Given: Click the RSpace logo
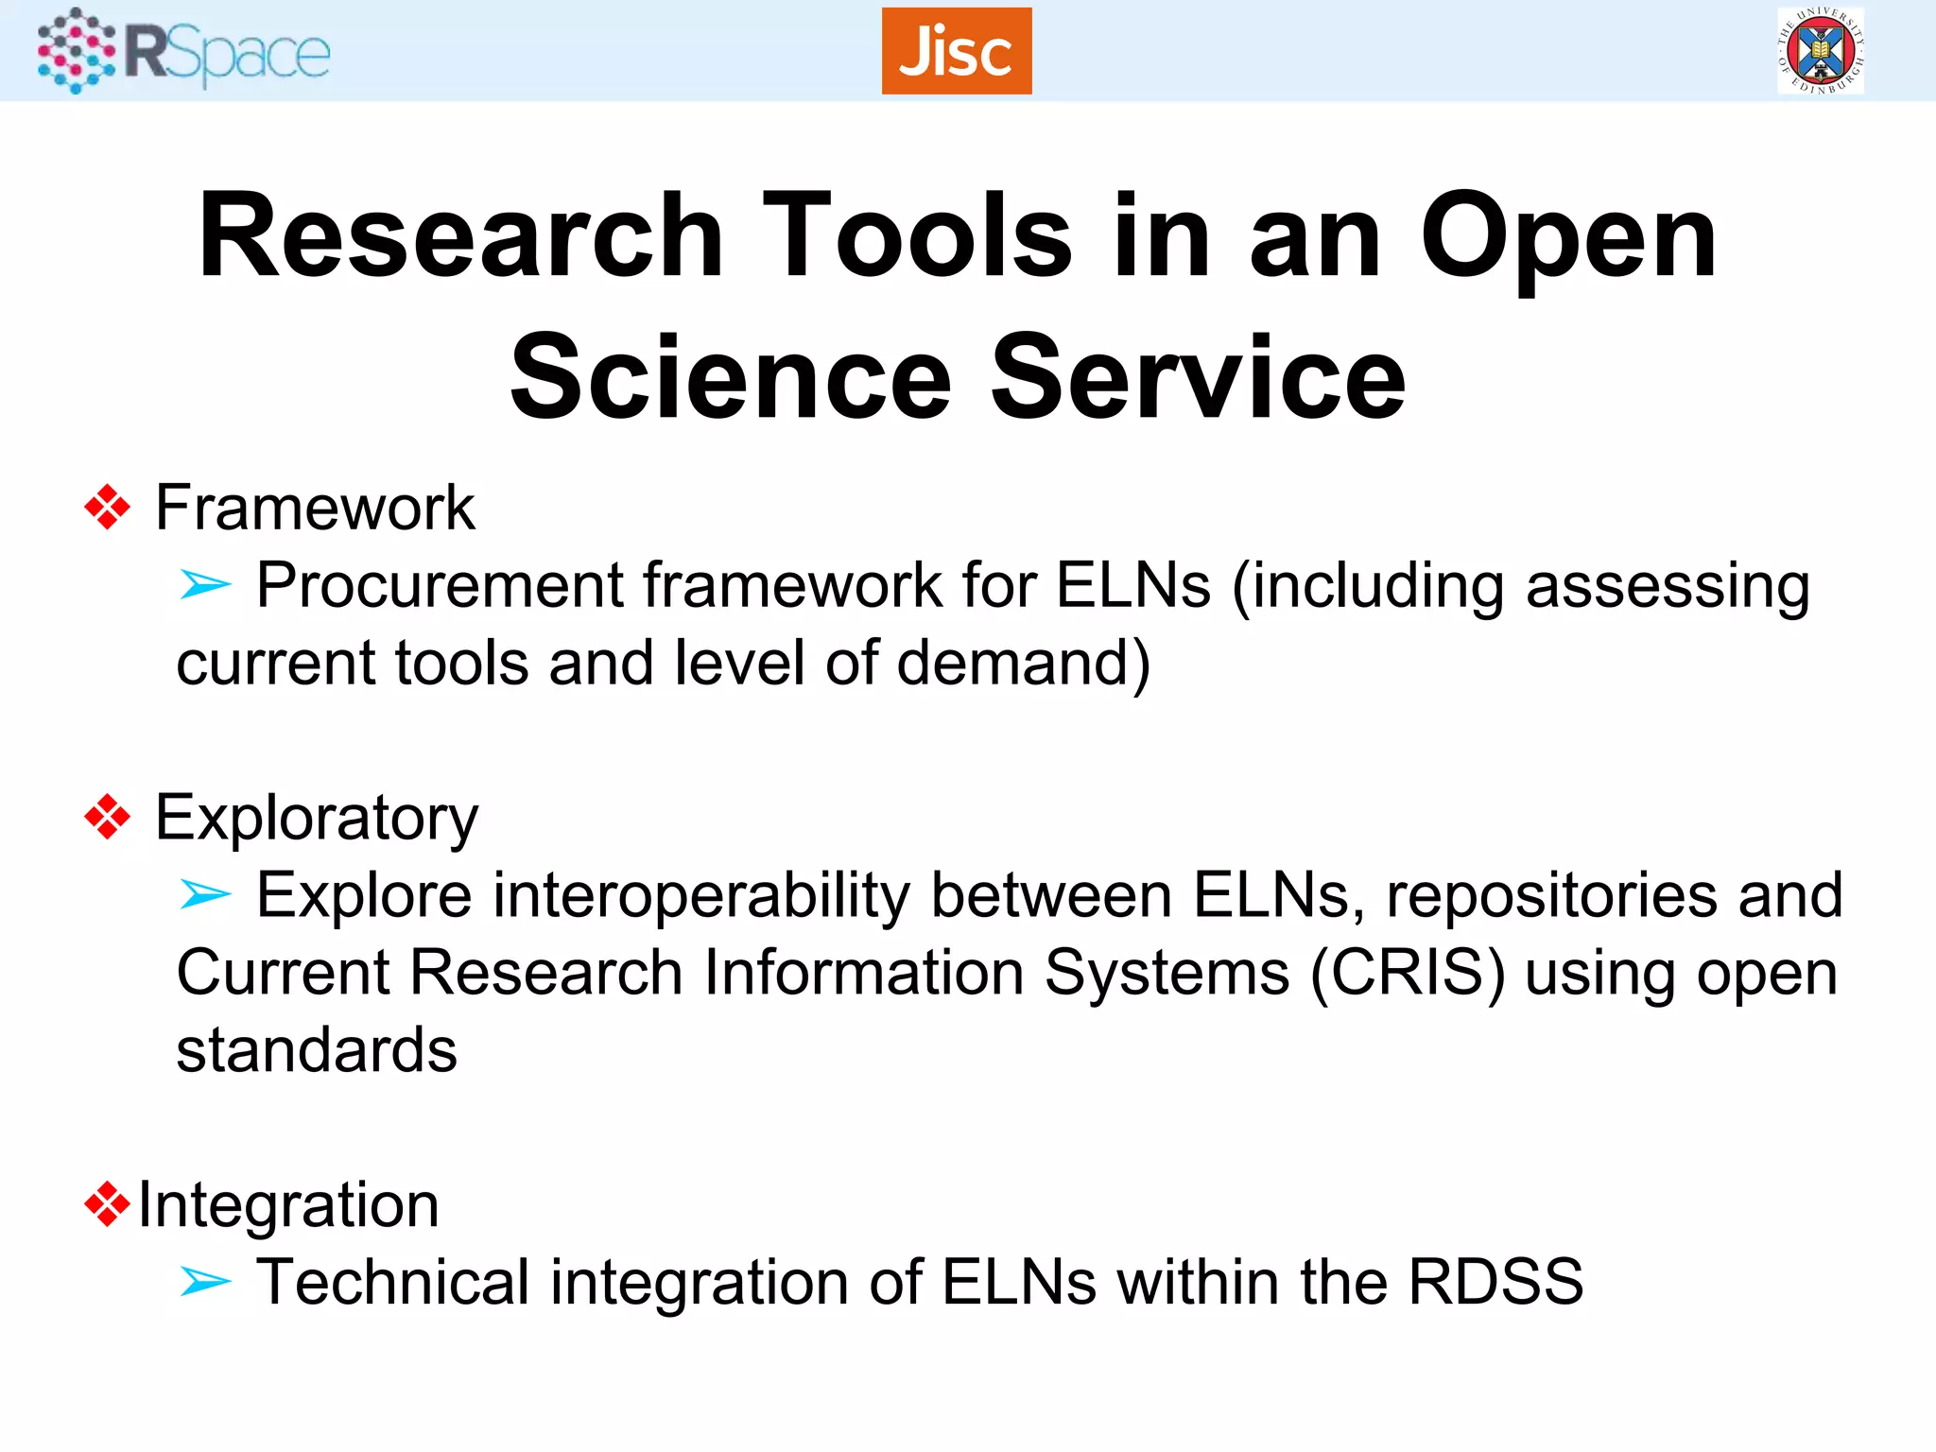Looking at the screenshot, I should [x=183, y=51].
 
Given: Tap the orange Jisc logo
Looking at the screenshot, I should [x=956, y=51].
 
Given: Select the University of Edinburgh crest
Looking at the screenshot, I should [x=1820, y=51].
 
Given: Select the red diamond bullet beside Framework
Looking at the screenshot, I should [x=107, y=508].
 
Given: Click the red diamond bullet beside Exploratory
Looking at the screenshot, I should [x=107, y=817].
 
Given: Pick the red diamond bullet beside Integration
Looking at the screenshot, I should [x=107, y=1204].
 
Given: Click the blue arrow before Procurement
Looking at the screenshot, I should [x=205, y=585].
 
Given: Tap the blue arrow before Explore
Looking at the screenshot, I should [x=205, y=894].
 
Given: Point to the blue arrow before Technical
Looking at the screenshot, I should [x=205, y=1282].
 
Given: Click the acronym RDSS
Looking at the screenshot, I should [x=1495, y=1282].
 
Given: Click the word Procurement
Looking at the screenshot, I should [x=440, y=585].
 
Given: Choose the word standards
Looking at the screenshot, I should [x=317, y=1049].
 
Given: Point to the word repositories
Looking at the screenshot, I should [x=1551, y=894].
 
